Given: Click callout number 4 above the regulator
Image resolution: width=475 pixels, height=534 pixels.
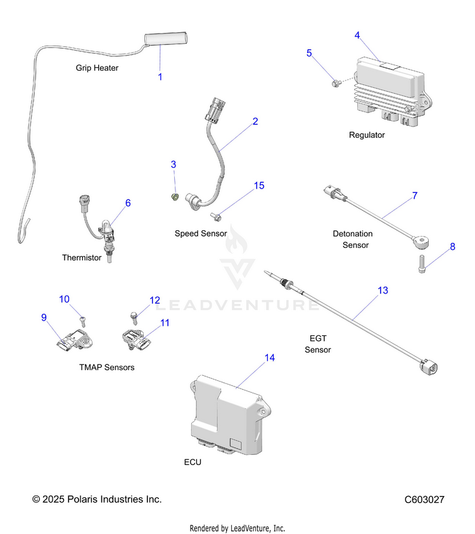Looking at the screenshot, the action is tap(357, 35).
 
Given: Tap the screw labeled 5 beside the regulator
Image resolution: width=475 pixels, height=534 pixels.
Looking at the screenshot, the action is tap(336, 83).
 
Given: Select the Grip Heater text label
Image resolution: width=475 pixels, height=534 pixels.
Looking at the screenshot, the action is tap(97, 68).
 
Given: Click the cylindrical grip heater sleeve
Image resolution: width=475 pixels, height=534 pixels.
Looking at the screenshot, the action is tap(166, 39).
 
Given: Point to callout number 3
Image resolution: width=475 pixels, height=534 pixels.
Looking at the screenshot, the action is tap(174, 165).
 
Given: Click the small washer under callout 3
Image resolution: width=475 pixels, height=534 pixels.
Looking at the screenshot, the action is tap(175, 197).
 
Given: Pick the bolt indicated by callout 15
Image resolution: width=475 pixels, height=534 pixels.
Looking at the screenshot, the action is tap(216, 216).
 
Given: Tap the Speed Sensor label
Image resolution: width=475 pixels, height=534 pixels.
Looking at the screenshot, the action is tap(201, 233).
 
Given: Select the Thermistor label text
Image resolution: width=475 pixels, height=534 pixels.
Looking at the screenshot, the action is tap(82, 258).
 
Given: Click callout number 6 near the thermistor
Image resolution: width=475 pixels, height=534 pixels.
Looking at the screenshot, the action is tap(128, 203).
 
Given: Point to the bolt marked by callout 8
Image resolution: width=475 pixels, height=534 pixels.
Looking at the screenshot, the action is tap(422, 264).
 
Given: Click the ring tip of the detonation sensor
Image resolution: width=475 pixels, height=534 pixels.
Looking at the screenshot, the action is tap(422, 242).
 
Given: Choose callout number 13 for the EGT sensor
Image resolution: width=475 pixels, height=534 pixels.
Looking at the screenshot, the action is tap(383, 290).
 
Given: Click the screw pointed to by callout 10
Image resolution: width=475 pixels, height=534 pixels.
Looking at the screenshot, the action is tap(83, 321).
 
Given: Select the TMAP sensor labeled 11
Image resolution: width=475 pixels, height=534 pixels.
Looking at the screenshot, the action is tap(136, 340).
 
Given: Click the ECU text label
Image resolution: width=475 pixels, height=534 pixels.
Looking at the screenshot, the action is tap(193, 462).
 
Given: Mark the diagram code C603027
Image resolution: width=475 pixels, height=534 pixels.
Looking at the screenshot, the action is tap(424, 500).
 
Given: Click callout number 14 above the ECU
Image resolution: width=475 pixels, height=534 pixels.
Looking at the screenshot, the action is tap(269, 357).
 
